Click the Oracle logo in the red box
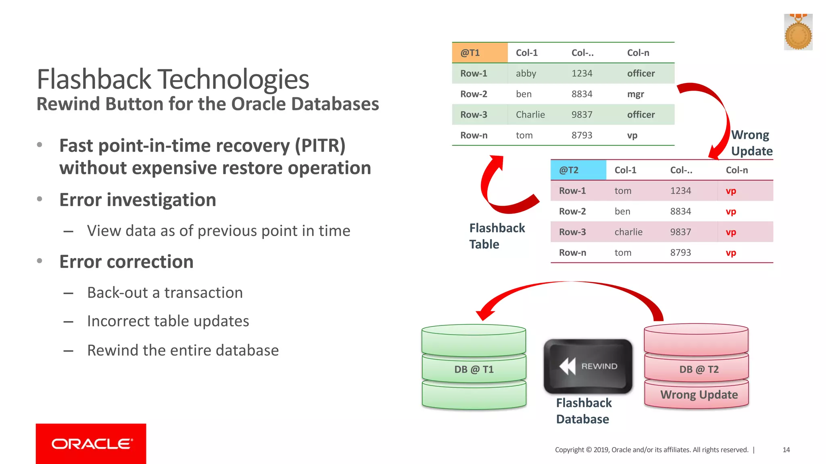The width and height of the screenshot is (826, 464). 91,444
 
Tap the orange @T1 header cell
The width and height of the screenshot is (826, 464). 479,53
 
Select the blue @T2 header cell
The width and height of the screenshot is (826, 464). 578,170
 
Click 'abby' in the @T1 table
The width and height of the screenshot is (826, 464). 526,73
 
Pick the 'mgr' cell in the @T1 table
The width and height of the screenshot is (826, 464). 635,94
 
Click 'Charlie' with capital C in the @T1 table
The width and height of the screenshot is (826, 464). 530,115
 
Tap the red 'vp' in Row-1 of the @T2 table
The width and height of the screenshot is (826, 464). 731,191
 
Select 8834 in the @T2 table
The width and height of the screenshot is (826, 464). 680,211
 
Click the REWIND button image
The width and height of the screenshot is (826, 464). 588,366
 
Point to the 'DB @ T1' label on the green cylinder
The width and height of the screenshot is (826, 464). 473,369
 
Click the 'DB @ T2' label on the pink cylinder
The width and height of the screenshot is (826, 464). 699,369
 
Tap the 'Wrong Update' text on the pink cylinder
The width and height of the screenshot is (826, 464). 699,395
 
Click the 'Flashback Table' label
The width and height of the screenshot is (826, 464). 496,236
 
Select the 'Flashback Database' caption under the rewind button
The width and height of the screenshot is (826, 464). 583,411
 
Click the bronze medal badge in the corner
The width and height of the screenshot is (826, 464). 797,33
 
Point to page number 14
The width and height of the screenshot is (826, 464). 786,450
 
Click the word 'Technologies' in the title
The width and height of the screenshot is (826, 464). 233,79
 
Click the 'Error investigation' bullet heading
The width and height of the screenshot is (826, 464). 138,200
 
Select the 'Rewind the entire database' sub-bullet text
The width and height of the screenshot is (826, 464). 183,350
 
